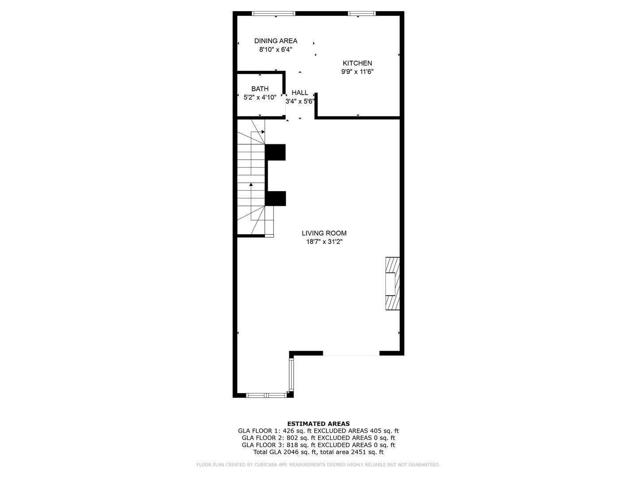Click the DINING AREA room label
pos(276,41)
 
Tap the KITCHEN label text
pos(357,63)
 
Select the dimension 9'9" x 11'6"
pos(357,72)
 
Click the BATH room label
pos(260,89)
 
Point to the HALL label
pos(299,93)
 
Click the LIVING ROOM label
pos(324,233)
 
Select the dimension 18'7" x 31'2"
pos(324,242)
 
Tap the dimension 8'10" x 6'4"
pos(276,50)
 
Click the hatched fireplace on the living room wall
pos(392,283)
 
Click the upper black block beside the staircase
pos(276,152)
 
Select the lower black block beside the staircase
pos(276,198)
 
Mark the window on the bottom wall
pos(266,395)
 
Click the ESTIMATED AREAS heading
pos(318,424)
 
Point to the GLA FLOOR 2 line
pos(318,438)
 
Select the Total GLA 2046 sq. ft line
pos(318,452)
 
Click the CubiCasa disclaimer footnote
pos(318,465)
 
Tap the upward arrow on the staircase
pos(251,185)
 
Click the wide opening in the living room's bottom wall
pos(351,354)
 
